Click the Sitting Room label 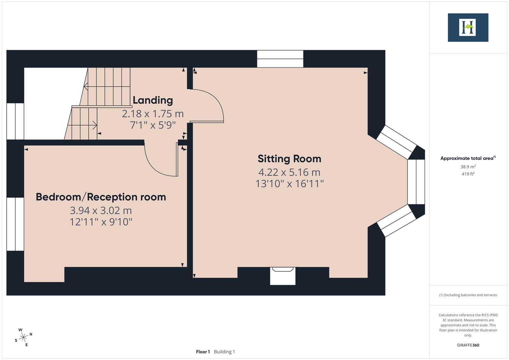[289, 159]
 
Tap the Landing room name [153, 100]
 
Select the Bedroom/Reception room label [101, 197]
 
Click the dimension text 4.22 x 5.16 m [289, 172]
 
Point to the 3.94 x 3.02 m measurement [101, 211]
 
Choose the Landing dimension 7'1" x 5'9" [153, 125]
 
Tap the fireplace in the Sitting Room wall [283, 276]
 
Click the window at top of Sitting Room [280, 59]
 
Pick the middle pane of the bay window [416, 182]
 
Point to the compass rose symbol [23, 337]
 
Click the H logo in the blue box [468, 27]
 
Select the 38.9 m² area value [468, 167]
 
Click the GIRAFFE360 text [468, 345]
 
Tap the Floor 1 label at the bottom [203, 352]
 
